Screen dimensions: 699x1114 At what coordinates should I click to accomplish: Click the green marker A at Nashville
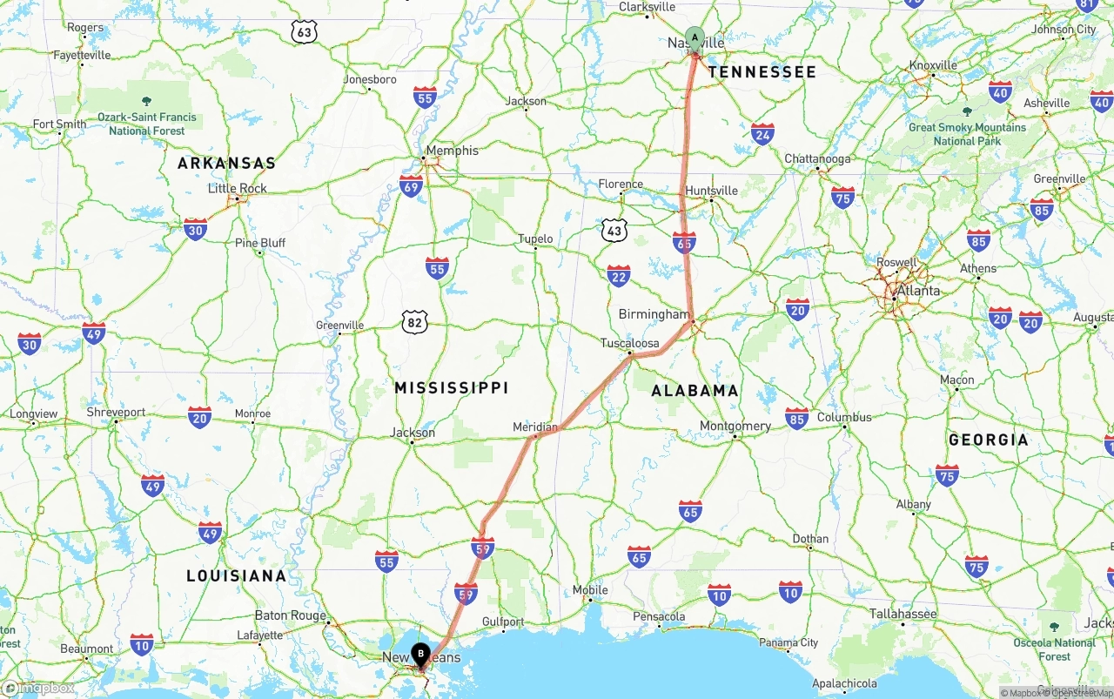695,37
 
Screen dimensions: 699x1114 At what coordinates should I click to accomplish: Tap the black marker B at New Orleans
420,653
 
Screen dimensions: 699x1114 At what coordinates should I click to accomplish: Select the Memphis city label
452,150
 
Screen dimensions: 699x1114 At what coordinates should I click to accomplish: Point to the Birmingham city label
654,314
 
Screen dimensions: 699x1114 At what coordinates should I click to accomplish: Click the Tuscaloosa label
630,343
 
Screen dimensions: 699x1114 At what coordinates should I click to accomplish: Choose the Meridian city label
535,427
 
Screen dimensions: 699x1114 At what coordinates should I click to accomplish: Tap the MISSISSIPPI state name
451,387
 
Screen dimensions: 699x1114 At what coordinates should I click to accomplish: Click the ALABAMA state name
695,391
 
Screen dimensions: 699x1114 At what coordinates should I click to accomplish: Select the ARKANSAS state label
226,163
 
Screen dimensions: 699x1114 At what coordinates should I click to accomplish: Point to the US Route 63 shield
304,32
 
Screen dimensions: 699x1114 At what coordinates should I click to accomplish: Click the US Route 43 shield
614,231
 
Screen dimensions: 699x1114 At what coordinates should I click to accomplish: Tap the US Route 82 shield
415,323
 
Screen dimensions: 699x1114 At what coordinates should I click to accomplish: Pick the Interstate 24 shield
762,133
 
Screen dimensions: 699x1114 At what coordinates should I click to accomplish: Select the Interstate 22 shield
619,276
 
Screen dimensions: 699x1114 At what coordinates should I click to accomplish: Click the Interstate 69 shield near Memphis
412,185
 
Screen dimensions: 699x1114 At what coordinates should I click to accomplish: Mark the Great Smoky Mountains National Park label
967,133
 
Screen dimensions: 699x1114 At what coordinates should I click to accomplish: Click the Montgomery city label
735,426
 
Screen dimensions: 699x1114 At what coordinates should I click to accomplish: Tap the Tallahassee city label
903,614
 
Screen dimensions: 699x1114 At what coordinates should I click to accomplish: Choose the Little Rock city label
238,188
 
